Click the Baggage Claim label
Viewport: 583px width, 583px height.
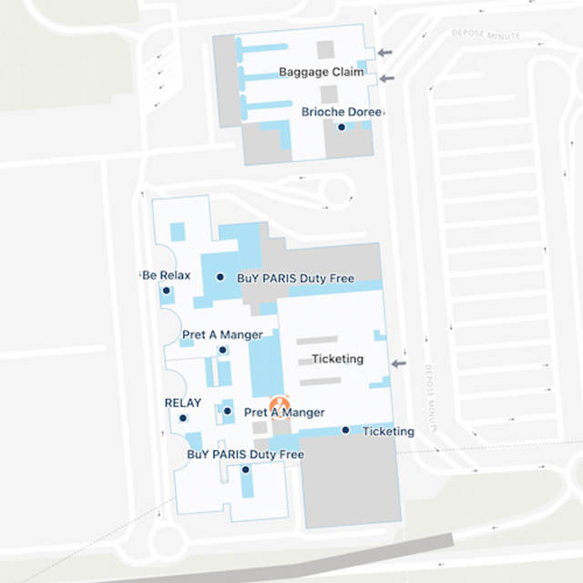pyautogui.click(x=321, y=72)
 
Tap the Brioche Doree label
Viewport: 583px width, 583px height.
pyautogui.click(x=341, y=112)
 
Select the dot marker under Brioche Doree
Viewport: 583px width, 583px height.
pyautogui.click(x=342, y=128)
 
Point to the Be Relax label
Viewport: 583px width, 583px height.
pyautogui.click(x=167, y=275)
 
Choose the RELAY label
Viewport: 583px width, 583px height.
pyautogui.click(x=182, y=403)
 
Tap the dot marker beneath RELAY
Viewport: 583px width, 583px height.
pyautogui.click(x=183, y=418)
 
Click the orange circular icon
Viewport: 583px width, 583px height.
pyautogui.click(x=281, y=402)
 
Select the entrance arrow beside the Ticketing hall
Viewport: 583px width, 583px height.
pyautogui.click(x=398, y=363)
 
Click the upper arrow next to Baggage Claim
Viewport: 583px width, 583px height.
pyautogui.click(x=386, y=53)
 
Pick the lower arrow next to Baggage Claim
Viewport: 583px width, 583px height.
pyautogui.click(x=386, y=78)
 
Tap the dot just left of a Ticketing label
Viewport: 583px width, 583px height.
pyautogui.click(x=345, y=430)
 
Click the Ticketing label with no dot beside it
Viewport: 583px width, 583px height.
pyautogui.click(x=337, y=359)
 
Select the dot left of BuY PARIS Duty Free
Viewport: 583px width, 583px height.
pyautogui.click(x=220, y=277)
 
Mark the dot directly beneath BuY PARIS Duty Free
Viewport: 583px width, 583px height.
pyautogui.click(x=246, y=469)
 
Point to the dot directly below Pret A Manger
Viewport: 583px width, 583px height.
pyautogui.click(x=223, y=350)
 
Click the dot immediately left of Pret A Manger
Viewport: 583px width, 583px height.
pyautogui.click(x=228, y=412)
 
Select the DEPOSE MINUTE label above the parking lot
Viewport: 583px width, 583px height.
pyautogui.click(x=486, y=35)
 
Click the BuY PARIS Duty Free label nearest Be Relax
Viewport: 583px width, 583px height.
pyautogui.click(x=295, y=278)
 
